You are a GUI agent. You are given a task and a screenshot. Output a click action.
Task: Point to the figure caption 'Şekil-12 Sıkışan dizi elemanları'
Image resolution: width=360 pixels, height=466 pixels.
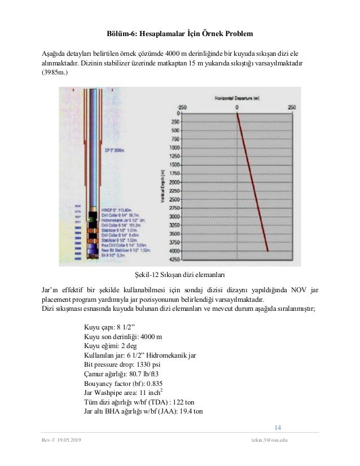(x=179, y=275)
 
